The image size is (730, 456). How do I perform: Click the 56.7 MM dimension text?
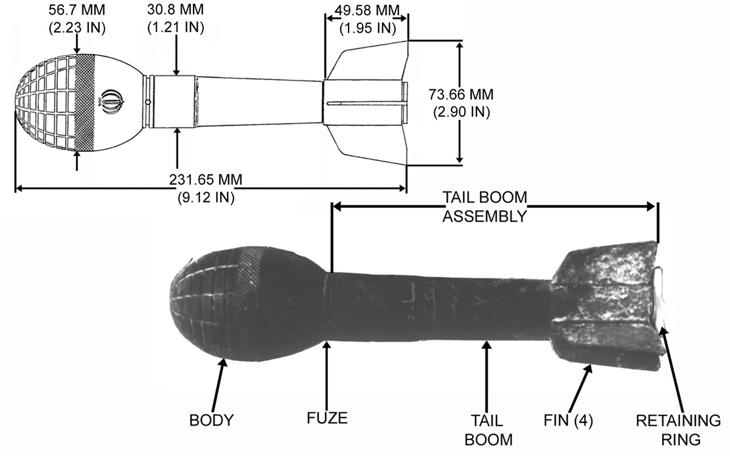click(77, 10)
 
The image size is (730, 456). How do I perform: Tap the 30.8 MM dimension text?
click(175, 10)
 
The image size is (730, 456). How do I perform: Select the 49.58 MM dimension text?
click(367, 11)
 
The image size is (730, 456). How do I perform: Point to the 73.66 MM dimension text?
click(461, 94)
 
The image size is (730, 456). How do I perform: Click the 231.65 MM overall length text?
click(206, 180)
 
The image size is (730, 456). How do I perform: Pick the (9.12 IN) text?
click(206, 198)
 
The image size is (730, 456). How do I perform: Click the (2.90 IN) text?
click(462, 112)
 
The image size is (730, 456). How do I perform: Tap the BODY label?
click(212, 420)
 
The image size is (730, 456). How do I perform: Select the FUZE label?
click(327, 418)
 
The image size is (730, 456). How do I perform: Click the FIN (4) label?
click(568, 420)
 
